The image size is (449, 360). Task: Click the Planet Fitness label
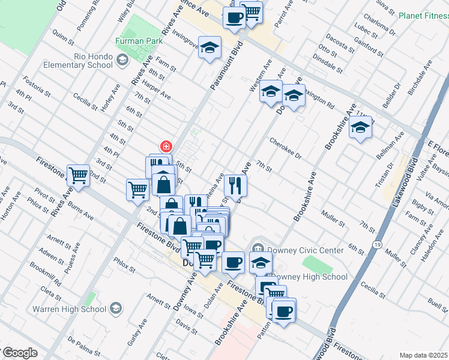tap(420, 16)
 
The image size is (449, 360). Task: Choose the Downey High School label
tap(310, 277)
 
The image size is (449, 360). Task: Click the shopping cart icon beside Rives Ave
tap(78, 175)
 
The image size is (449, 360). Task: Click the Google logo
tap(19, 353)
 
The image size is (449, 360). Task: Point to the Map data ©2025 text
tap(423, 355)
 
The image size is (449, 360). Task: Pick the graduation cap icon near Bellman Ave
tap(360, 128)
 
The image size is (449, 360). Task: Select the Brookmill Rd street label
tap(46, 274)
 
